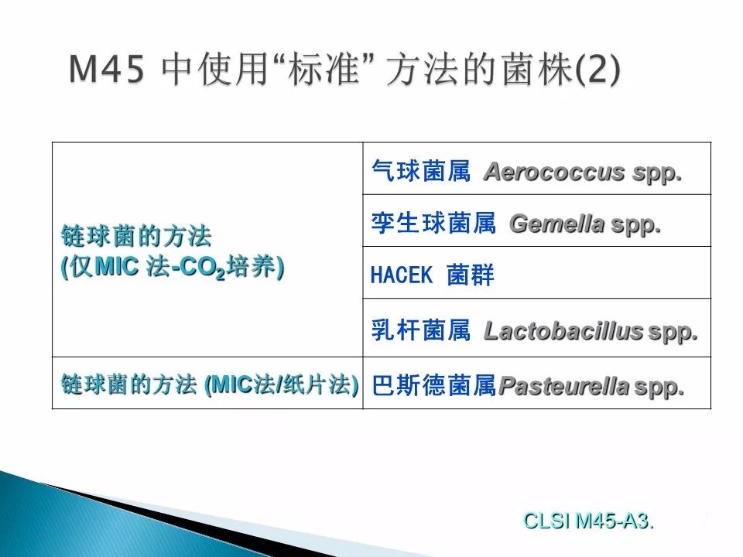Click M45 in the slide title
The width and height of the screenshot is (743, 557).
tap(107, 70)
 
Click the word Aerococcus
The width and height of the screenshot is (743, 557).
tap(554, 172)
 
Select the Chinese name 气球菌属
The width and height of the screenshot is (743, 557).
tap(421, 170)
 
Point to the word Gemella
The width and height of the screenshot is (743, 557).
tap(557, 224)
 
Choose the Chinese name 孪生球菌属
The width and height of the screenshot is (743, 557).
tap(433, 223)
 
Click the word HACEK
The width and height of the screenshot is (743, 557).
tap(402, 275)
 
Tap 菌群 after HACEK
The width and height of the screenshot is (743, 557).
tap(471, 275)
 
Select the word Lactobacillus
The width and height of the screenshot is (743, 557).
tap(563, 330)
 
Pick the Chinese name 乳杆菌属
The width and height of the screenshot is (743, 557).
tap(421, 330)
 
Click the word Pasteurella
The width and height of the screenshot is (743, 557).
tap(564, 385)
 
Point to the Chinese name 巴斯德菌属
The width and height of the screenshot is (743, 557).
tap(433, 385)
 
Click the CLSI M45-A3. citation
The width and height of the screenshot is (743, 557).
tap(588, 521)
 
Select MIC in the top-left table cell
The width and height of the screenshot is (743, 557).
tap(117, 267)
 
